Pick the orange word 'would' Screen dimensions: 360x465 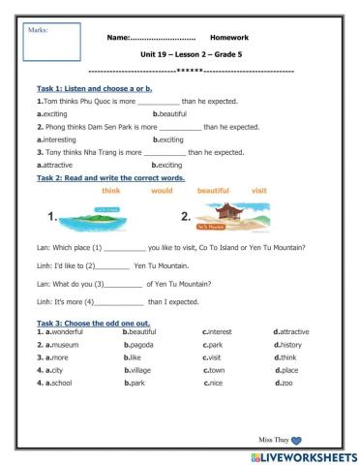161,191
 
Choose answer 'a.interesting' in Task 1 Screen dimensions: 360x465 62,139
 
